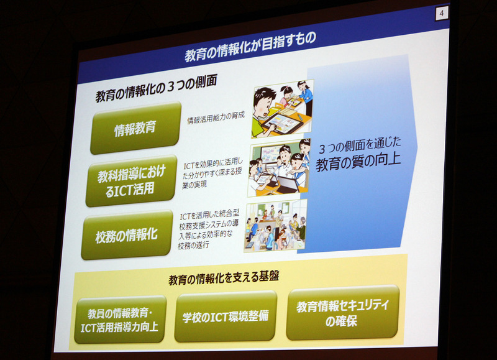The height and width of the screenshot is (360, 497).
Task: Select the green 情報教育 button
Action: pyautogui.click(x=135, y=128)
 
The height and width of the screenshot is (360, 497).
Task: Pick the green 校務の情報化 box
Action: pyautogui.click(x=126, y=235)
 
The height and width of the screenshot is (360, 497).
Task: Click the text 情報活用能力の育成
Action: pyautogui.click(x=216, y=118)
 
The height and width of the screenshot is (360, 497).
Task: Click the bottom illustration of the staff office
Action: pyautogui.click(x=275, y=226)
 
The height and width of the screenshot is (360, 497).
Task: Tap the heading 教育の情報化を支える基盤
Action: pyautogui.click(x=224, y=277)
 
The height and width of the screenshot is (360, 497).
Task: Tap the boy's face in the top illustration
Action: pyautogui.click(x=265, y=103)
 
